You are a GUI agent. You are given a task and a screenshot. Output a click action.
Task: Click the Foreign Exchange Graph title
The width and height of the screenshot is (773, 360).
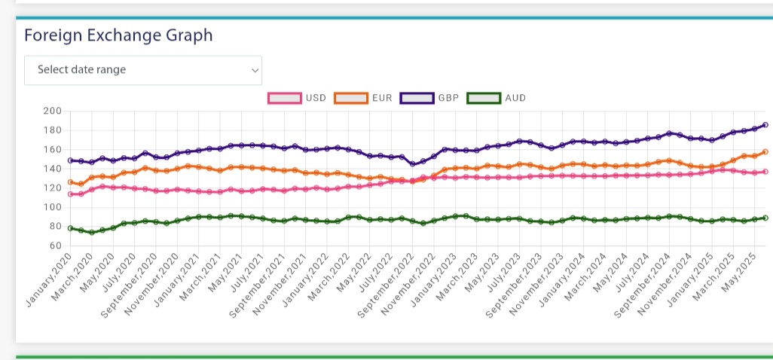(118, 35)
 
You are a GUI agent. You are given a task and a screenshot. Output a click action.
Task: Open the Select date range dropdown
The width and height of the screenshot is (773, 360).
(143, 70)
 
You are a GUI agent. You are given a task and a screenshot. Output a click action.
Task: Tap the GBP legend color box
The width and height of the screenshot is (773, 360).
(417, 98)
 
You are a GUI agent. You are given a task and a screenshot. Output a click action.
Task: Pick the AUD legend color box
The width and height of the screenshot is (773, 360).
(484, 98)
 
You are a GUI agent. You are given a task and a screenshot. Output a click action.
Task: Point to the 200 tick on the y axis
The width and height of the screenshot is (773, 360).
(52, 111)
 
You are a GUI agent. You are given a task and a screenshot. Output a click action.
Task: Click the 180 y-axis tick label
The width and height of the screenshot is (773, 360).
(52, 130)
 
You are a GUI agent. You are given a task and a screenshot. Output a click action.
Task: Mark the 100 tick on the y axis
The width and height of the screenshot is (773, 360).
(52, 207)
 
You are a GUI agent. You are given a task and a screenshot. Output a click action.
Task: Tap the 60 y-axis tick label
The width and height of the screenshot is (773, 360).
(55, 246)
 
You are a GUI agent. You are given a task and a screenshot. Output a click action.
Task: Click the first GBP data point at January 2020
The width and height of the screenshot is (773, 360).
(71, 160)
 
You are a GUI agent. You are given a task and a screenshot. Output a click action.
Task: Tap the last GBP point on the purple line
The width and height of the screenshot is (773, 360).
(765, 125)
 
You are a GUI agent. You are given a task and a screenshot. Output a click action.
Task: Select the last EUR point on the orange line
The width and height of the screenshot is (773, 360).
(765, 151)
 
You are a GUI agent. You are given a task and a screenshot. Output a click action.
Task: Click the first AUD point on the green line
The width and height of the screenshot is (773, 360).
(71, 228)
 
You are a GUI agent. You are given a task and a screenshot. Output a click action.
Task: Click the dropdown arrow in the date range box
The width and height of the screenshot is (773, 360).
(255, 71)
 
